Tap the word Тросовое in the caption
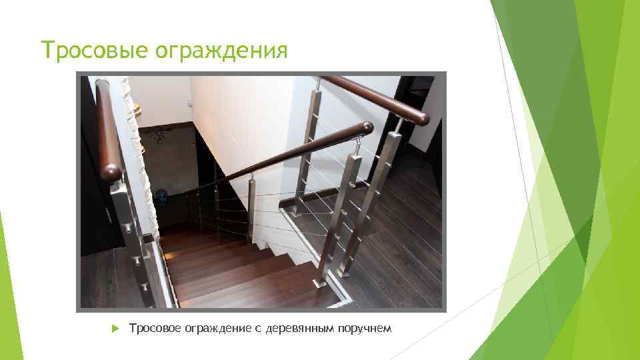154,328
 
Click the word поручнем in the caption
369,328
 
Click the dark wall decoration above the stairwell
157,137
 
